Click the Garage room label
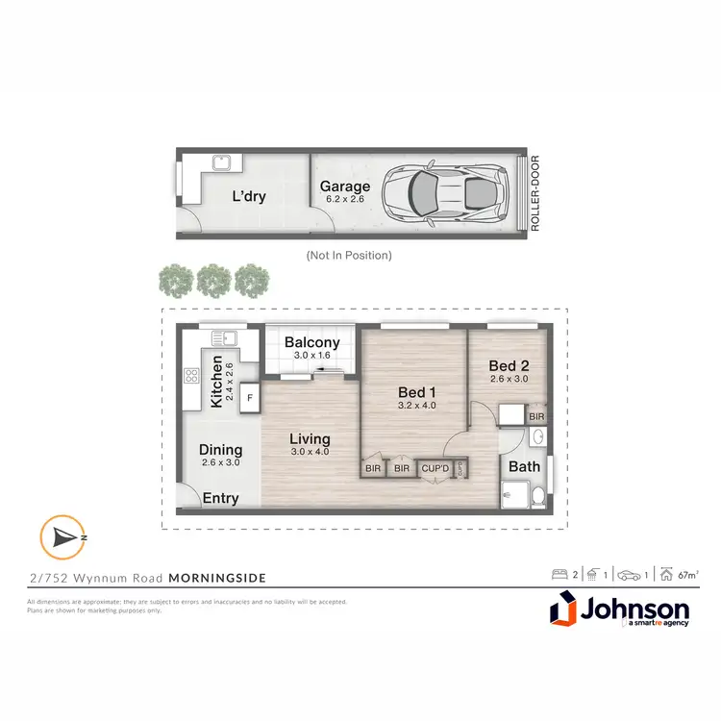345,186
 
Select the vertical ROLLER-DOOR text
535,194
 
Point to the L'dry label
249,197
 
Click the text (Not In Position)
348,256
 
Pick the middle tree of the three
212,280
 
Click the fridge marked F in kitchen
249,397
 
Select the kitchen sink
224,338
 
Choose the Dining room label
220,449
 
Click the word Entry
221,498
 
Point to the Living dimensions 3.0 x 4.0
310,452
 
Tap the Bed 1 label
418,392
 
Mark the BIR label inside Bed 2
536,417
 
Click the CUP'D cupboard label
435,469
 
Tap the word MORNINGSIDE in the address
217,578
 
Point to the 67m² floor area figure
686,575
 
